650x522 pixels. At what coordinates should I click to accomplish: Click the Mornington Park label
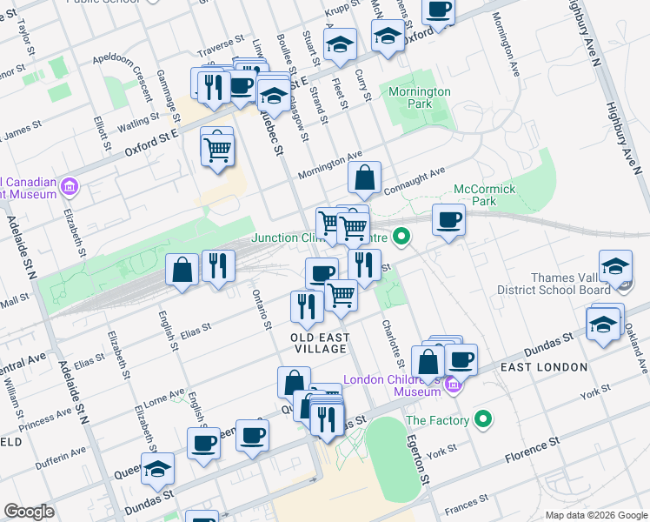click(x=420, y=97)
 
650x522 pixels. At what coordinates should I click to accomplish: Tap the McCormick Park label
click(x=484, y=195)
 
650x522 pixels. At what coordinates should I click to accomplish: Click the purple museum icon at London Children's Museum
click(x=452, y=385)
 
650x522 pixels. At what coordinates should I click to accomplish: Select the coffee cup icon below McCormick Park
click(x=448, y=221)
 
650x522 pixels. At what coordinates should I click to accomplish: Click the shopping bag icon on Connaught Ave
click(x=365, y=178)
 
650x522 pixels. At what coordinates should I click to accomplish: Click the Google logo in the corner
click(x=30, y=512)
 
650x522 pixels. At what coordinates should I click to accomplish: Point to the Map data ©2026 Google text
click(x=595, y=514)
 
